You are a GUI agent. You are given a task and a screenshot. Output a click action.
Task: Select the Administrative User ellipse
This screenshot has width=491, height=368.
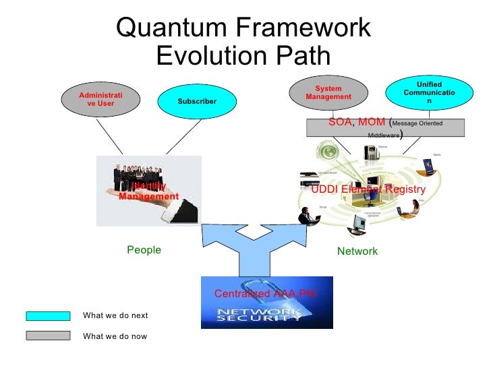100,99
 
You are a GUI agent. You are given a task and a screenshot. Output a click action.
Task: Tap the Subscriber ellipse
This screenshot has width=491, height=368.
197,102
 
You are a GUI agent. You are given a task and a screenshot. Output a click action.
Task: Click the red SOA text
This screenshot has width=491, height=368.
341,122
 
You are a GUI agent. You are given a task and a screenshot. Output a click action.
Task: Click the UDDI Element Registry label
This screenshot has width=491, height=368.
368,190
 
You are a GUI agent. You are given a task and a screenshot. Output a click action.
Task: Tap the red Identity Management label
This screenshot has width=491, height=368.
149,191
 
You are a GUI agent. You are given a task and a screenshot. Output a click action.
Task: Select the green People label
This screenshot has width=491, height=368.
144,250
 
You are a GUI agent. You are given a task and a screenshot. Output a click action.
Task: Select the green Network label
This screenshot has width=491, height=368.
357,251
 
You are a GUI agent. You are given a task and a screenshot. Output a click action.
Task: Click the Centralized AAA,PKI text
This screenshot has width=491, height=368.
265,294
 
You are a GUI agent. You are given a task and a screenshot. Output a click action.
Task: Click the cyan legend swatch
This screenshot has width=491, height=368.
48,315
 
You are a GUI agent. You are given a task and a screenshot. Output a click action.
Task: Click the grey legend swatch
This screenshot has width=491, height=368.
48,336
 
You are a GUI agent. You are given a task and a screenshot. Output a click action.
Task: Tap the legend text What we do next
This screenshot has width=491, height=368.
115,315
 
